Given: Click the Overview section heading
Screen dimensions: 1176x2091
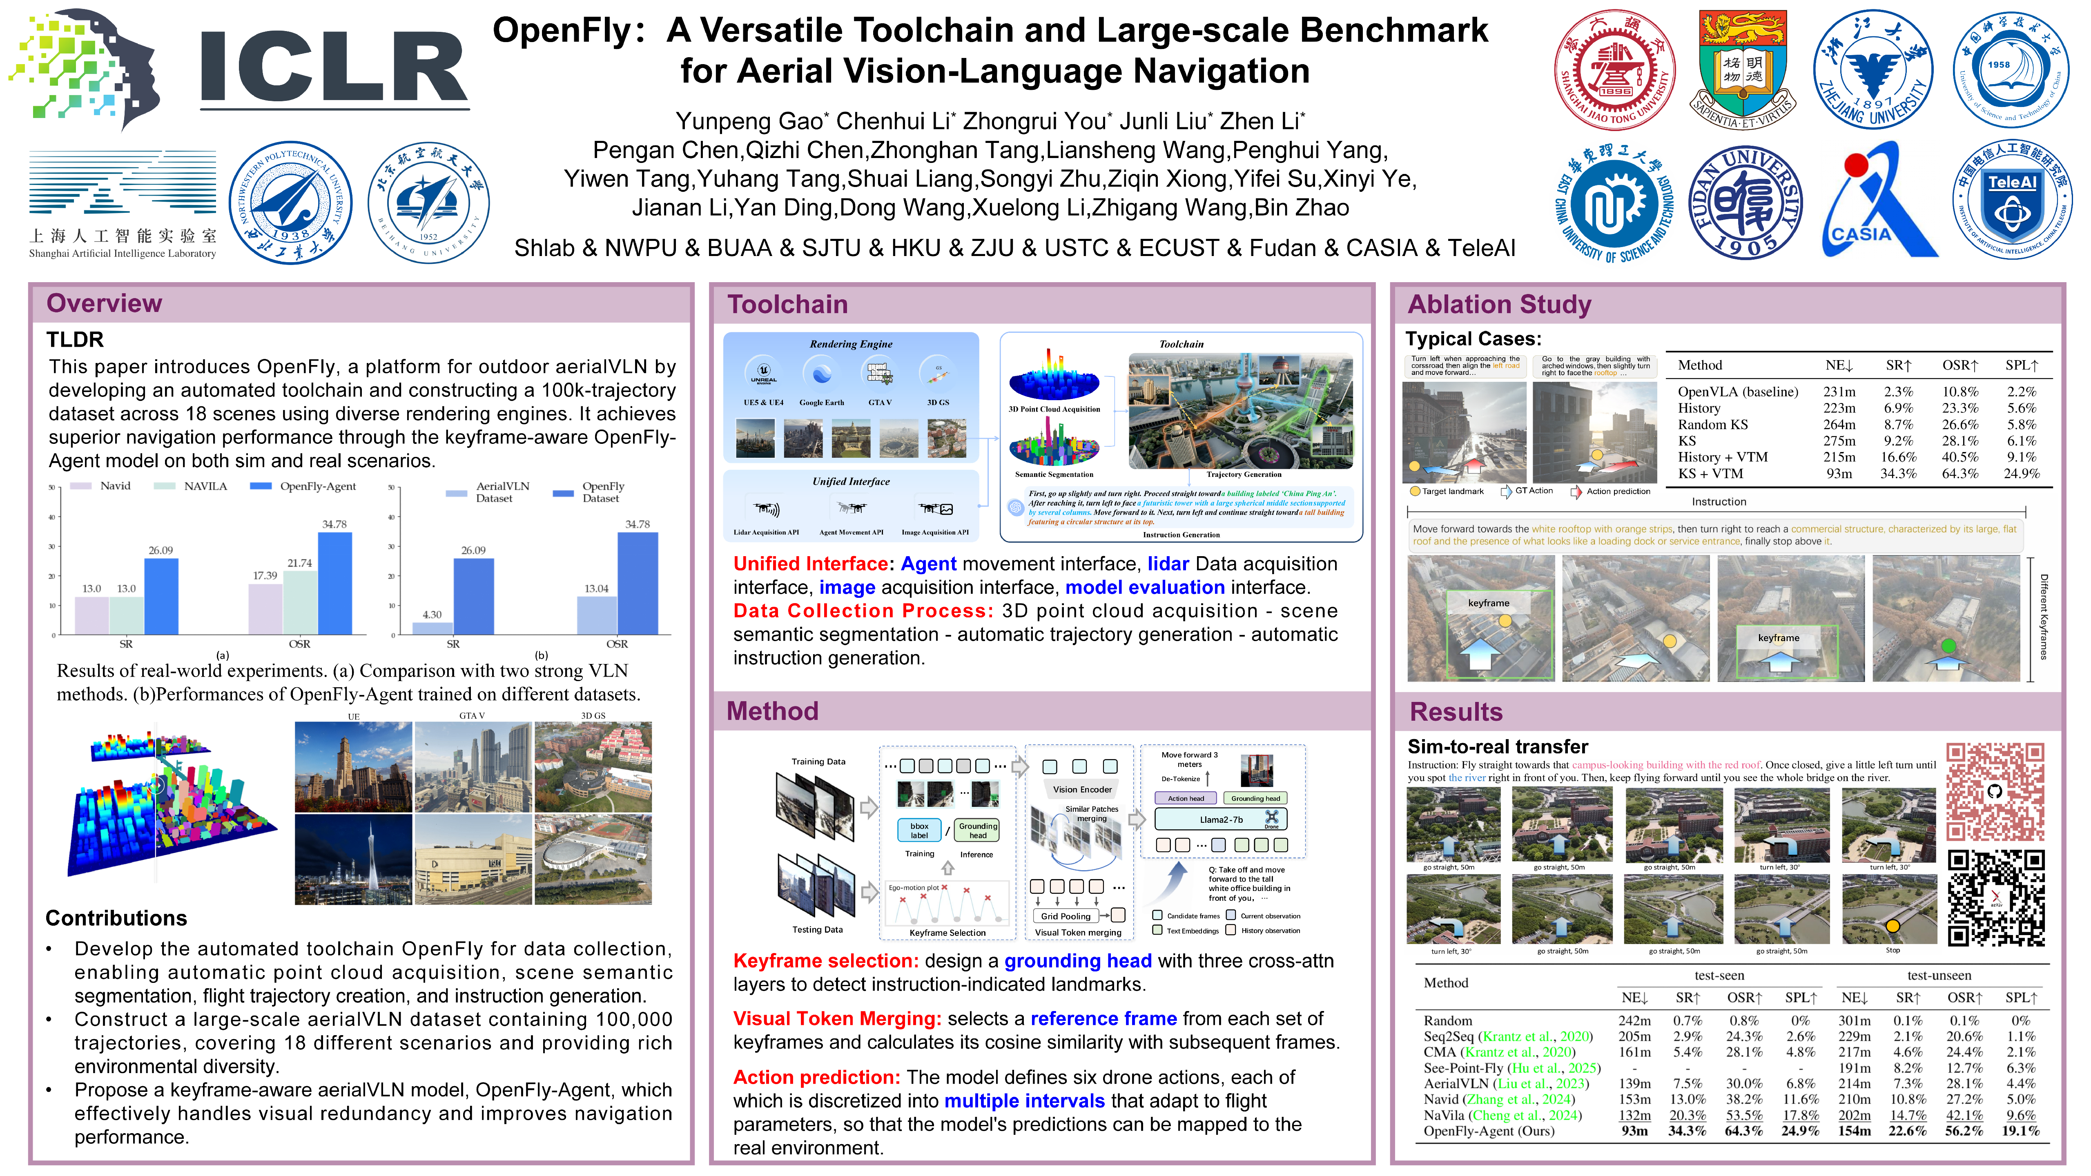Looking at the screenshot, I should point(104,303).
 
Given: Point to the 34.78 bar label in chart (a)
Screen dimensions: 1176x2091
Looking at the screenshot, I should point(334,524).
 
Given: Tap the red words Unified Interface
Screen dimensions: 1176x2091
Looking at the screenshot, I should point(810,564).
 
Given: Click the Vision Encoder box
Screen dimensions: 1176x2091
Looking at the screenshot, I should point(1082,789).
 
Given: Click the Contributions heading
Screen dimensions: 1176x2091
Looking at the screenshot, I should point(116,918).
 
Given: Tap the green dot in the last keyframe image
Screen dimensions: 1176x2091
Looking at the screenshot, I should point(1948,646).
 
